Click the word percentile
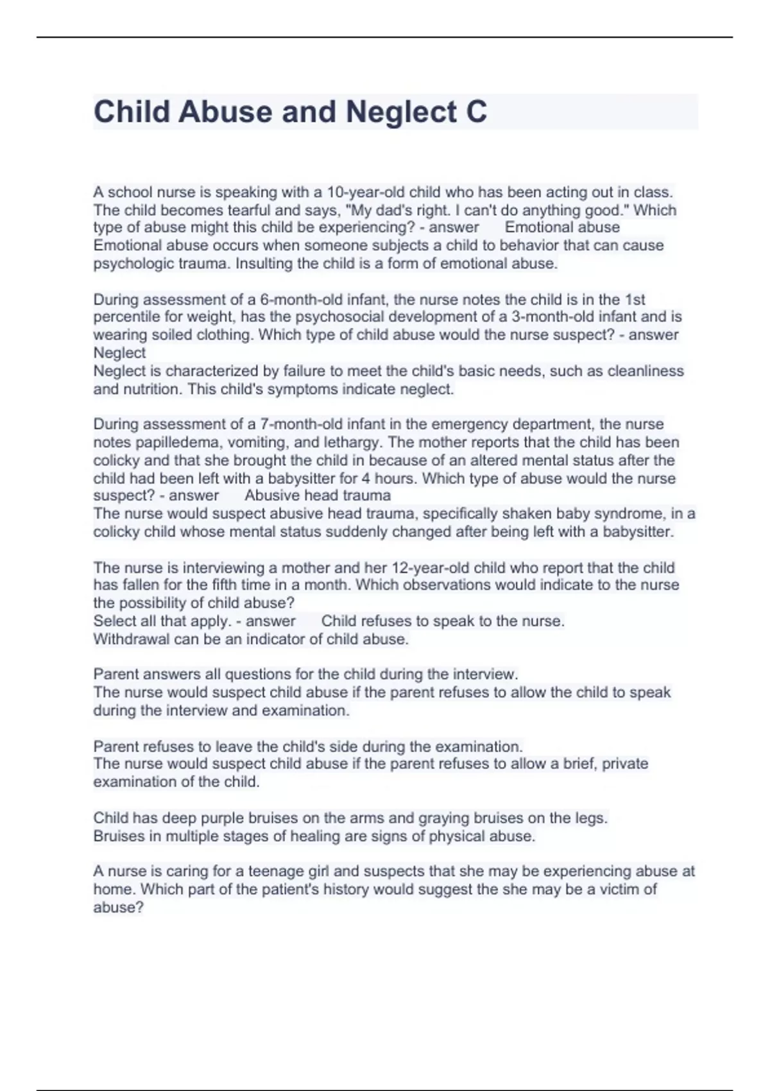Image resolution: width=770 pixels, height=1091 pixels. [124, 317]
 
